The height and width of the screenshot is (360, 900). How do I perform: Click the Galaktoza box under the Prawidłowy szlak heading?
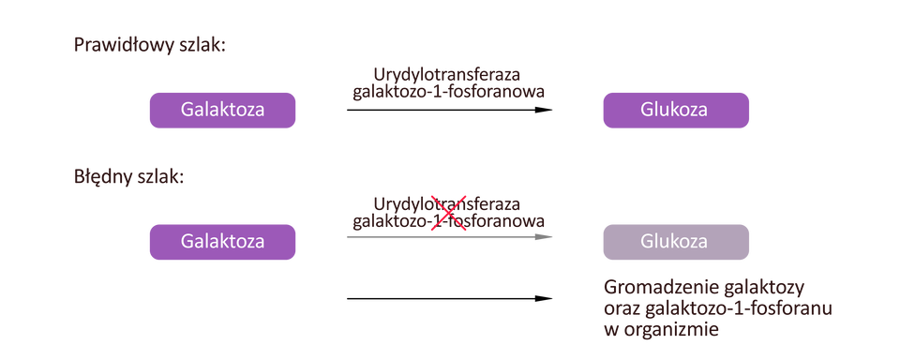222,110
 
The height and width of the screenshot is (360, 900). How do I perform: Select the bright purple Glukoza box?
675,110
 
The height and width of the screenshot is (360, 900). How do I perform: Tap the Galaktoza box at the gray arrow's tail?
222,241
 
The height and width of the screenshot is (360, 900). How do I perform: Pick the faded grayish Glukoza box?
675,241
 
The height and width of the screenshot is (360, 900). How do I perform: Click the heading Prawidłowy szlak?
149,46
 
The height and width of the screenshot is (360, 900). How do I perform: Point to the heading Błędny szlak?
128,176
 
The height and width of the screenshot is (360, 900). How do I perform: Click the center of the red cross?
448,213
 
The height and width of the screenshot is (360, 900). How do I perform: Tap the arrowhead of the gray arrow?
547,237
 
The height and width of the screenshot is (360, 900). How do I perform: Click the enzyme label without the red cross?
448,82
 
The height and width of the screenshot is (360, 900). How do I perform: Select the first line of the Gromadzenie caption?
705,287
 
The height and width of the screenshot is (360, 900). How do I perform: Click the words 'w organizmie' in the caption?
660,329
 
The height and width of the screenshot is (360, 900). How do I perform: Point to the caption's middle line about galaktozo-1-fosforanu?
717,308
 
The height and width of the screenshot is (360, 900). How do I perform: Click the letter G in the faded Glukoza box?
647,241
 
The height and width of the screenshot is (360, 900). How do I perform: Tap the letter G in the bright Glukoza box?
647,110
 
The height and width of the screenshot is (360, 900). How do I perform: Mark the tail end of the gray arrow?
347,237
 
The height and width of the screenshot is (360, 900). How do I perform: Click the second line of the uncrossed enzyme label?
448,93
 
